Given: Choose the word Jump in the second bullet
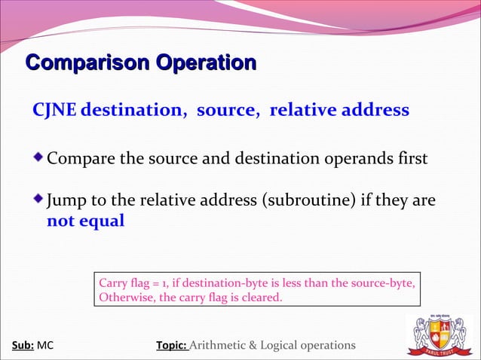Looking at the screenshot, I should [x=65, y=202].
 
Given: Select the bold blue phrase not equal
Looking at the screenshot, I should [x=85, y=222].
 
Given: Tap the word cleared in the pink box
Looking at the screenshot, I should [x=260, y=297].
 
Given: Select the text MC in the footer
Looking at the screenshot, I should [x=45, y=346].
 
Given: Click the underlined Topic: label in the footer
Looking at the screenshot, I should [x=171, y=346].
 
